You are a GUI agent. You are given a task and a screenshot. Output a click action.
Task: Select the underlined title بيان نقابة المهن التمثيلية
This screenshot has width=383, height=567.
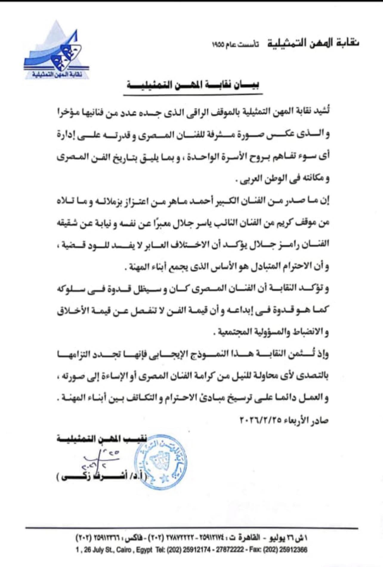pos(193,85)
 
